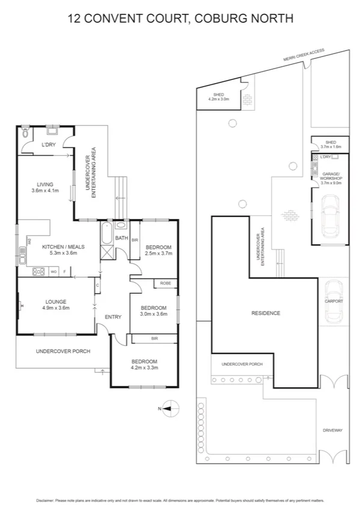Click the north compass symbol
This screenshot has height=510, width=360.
(x=169, y=408)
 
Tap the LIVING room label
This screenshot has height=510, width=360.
(x=45, y=188)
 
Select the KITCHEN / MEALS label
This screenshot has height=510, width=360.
(x=63, y=250)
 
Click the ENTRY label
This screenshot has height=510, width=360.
(x=113, y=317)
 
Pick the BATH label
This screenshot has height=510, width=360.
(x=122, y=238)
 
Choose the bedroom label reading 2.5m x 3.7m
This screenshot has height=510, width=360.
(x=159, y=250)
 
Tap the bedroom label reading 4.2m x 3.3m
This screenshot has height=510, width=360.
(x=144, y=364)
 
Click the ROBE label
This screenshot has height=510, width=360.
(x=165, y=283)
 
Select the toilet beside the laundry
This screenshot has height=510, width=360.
(x=25, y=131)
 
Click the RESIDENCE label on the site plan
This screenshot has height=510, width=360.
(x=265, y=313)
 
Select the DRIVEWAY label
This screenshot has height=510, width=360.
(x=332, y=430)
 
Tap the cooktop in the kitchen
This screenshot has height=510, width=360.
(x=39, y=272)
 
